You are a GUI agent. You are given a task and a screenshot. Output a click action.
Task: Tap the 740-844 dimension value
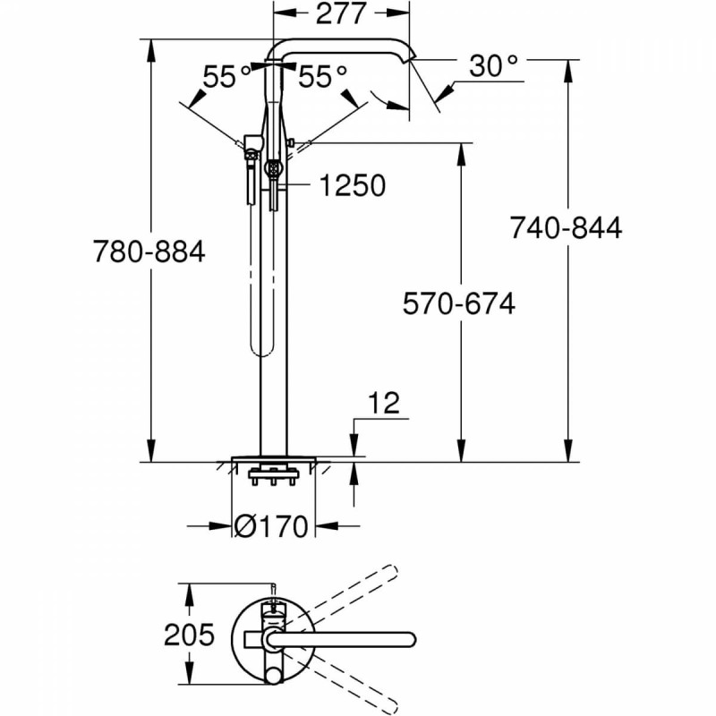[566, 227]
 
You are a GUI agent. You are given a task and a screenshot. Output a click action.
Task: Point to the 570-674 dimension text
[458, 304]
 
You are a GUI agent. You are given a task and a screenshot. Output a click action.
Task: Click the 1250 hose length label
[352, 185]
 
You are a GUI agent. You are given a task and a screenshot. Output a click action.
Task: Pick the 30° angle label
[493, 64]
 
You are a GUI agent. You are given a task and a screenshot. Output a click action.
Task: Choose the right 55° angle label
[322, 77]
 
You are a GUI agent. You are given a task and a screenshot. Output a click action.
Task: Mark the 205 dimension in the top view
[189, 635]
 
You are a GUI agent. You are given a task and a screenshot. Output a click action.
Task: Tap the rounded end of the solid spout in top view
[409, 639]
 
